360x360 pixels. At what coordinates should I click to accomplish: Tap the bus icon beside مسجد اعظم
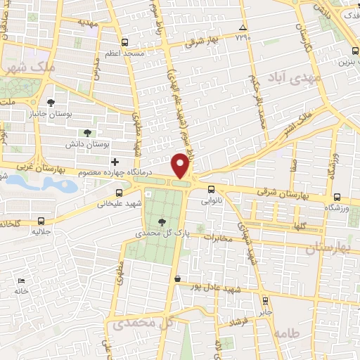click(x=124, y=42)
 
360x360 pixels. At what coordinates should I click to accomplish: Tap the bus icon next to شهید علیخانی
click(x=118, y=192)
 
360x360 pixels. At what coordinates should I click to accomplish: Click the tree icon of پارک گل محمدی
click(x=163, y=221)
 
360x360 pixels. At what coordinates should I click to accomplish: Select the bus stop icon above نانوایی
click(x=212, y=188)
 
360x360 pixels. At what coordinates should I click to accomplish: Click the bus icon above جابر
click(x=264, y=300)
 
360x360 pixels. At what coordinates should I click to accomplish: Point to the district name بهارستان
click(x=330, y=248)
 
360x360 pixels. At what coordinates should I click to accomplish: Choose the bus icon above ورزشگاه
click(x=337, y=197)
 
